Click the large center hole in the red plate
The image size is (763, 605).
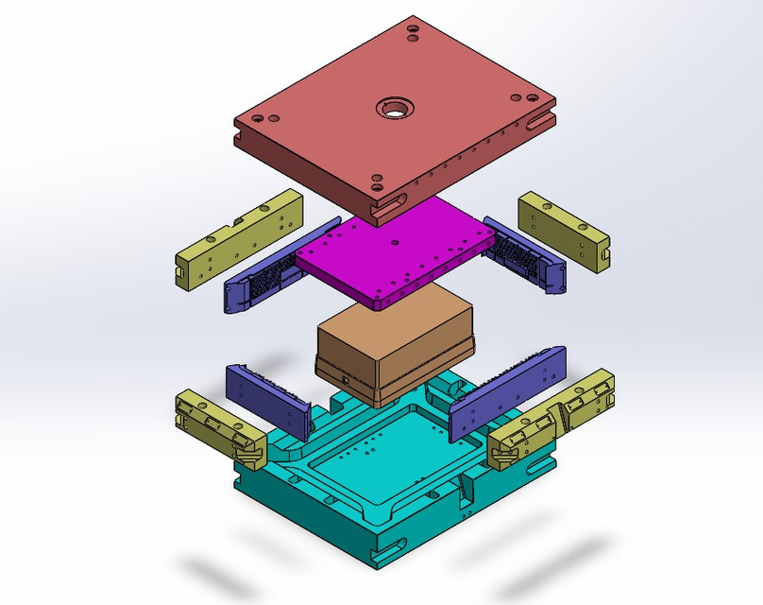[392, 108]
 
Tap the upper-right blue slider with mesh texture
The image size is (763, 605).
[525, 255]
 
